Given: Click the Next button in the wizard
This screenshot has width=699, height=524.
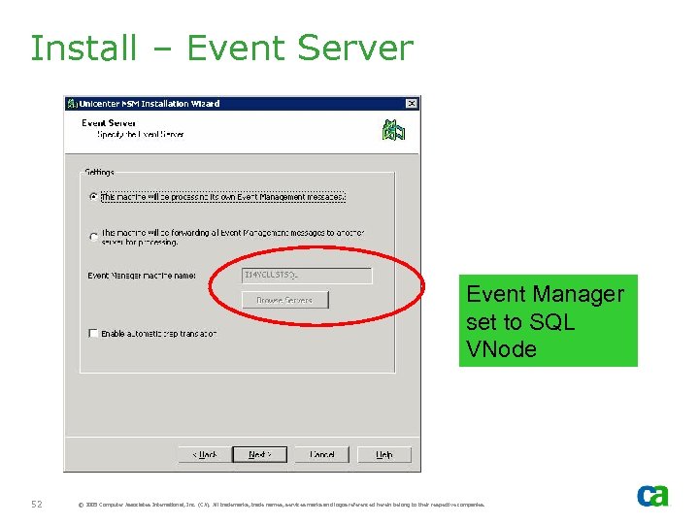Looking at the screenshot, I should pyautogui.click(x=259, y=454).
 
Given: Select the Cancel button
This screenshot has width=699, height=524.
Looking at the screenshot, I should pyautogui.click(x=321, y=454).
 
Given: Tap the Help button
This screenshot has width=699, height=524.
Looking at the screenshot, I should pyautogui.click(x=384, y=454).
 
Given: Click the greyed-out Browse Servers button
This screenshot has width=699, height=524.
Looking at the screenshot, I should pyautogui.click(x=284, y=301).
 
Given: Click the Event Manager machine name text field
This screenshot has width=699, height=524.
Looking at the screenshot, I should pyautogui.click(x=307, y=276).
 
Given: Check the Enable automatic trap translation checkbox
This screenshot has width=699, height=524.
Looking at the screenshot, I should pyautogui.click(x=93, y=333).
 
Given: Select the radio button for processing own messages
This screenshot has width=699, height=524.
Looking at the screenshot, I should pyautogui.click(x=93, y=196).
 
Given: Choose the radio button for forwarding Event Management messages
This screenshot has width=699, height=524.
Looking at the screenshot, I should pyautogui.click(x=93, y=236).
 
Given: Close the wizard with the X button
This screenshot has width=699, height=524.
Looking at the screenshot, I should pyautogui.click(x=412, y=104).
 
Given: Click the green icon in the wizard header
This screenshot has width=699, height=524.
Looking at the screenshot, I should pyautogui.click(x=393, y=130).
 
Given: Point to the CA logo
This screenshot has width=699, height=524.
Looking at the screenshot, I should pyautogui.click(x=652, y=496).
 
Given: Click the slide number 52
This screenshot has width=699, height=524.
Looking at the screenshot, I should pyautogui.click(x=37, y=504).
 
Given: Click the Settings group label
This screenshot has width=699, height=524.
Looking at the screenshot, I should pyautogui.click(x=99, y=173).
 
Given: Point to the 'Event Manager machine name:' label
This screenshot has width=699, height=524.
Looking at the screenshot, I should pyautogui.click(x=142, y=276).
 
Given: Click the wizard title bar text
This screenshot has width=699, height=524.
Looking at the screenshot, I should pyautogui.click(x=150, y=104).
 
